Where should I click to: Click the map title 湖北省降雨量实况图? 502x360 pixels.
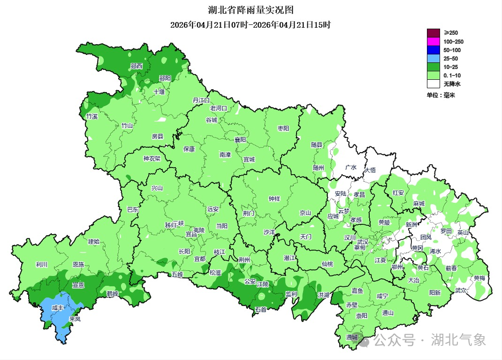point(251,10)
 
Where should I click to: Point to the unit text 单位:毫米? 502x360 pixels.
point(441,95)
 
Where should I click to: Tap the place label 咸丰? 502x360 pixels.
point(57,308)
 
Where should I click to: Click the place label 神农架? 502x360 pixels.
point(152,159)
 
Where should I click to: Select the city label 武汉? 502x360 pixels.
point(363,241)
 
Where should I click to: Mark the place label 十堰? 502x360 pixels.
point(159,92)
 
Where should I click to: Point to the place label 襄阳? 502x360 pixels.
point(240,140)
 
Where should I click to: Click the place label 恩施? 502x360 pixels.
point(78,265)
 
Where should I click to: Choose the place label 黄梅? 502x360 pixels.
point(479,278)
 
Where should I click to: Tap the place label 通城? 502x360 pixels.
point(352,337)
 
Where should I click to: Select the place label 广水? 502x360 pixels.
point(350,168)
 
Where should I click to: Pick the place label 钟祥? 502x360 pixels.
point(274,199)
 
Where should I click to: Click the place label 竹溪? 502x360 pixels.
point(91,116)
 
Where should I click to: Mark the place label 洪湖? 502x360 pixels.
point(323,295)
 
